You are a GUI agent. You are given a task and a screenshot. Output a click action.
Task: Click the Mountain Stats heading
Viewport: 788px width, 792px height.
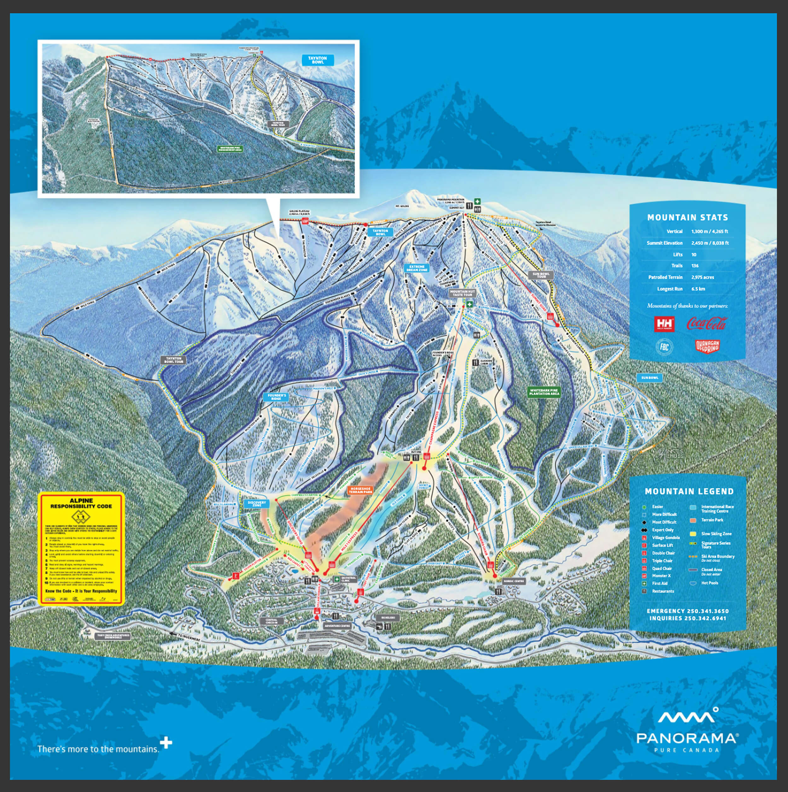pos(687,217)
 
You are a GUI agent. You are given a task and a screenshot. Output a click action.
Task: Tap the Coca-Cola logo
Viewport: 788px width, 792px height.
pos(706,324)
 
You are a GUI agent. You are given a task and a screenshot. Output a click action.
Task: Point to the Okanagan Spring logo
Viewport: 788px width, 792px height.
pos(707,347)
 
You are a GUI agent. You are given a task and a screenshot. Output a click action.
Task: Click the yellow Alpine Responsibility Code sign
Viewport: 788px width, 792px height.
pos(81,548)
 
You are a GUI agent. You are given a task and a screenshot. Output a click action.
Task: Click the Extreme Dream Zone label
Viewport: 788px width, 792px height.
pos(417,268)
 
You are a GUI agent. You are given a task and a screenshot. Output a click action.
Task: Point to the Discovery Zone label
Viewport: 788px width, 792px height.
pos(257,504)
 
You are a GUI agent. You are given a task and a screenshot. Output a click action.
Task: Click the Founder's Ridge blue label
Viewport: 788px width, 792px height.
pos(276,397)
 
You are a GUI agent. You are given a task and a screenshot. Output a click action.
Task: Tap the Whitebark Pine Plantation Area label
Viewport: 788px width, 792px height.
pos(544,392)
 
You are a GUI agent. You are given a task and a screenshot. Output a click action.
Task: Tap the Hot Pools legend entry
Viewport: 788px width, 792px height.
pos(710,583)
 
